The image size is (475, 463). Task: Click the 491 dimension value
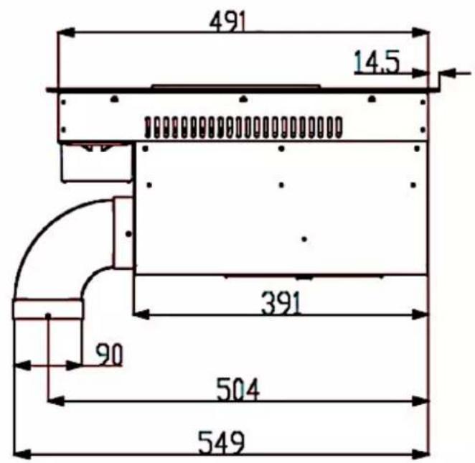pos(228,22)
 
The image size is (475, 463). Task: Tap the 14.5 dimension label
pos(377,62)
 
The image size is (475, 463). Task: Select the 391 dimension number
pos(281,302)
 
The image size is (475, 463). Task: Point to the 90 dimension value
pos(109,354)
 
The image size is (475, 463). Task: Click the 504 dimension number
pos(238,389)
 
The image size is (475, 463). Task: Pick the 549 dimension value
pos(221,443)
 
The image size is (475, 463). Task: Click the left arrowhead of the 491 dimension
pos(66,32)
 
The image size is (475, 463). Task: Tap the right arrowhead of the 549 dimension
pos(420,455)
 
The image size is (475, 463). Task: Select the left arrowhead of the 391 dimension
pos(141,314)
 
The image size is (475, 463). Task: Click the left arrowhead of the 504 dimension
pos(57,401)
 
